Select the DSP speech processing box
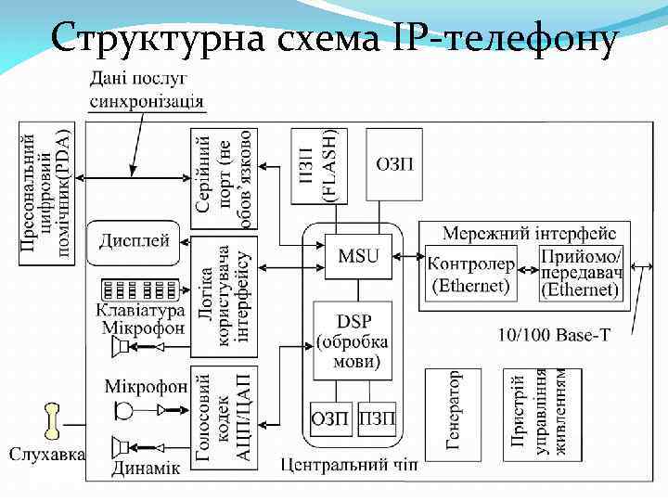click(x=353, y=340)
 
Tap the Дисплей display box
click(x=135, y=242)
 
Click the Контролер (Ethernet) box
click(x=471, y=273)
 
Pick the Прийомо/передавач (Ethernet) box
click(x=581, y=273)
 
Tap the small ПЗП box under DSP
click(x=376, y=419)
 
